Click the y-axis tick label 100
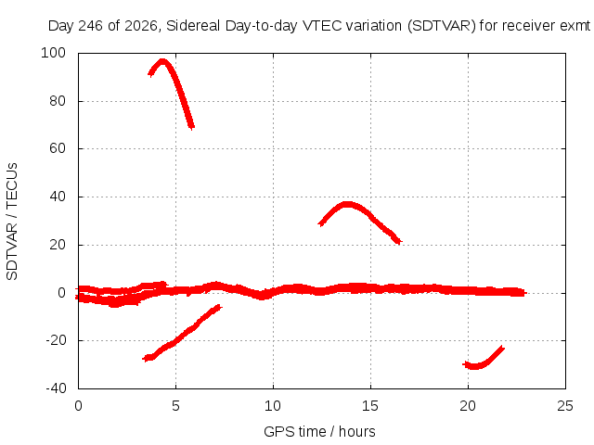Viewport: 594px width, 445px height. click(53, 53)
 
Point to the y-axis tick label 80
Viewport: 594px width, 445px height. click(58, 101)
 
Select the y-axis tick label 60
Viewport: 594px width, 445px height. click(58, 148)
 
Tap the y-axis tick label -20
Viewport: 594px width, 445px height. click(56, 340)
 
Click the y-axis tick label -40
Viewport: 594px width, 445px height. click(56, 388)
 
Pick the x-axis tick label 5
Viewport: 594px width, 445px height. click(175, 406)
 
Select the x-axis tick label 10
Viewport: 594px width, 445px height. click(273, 406)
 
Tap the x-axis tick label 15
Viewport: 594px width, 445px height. click(370, 406)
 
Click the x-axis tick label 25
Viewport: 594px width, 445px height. click(565, 406)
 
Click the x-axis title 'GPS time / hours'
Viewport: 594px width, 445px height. click(319, 431)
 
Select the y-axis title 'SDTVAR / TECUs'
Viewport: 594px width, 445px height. click(12, 222)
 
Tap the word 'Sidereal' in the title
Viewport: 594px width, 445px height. click(193, 26)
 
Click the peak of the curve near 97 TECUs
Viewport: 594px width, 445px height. click(162, 61)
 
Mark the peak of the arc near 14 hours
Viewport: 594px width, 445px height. click(346, 205)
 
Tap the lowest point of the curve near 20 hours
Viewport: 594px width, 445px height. click(474, 366)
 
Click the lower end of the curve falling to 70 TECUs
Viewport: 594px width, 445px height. click(192, 127)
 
